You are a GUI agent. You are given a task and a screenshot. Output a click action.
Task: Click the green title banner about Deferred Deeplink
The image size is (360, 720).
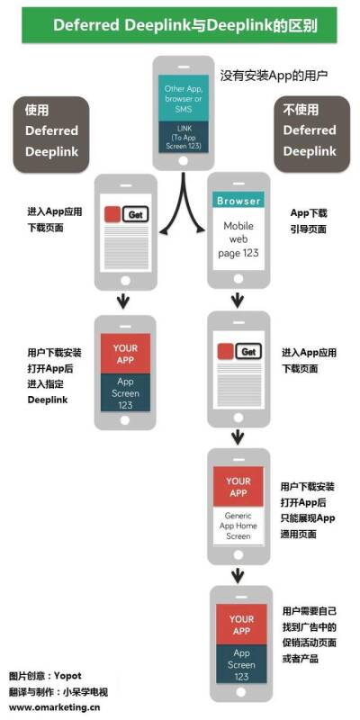point(179,25)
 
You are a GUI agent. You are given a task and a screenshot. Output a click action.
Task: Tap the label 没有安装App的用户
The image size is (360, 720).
point(274,76)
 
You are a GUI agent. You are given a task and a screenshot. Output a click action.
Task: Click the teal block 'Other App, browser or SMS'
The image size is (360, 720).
point(184,99)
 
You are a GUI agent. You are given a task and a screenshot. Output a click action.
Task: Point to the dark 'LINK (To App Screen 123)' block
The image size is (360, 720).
point(184,138)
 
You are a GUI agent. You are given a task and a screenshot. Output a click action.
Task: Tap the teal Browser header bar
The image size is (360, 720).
point(238,201)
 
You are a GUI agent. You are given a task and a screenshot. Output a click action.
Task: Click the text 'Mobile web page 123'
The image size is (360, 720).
point(238,239)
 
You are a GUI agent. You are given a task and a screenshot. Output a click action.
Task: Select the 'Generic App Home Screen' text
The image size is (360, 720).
point(238,526)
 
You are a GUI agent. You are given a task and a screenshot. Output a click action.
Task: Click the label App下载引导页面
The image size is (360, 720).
point(309,220)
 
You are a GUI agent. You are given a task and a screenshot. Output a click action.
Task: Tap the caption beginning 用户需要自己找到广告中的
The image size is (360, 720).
point(309,634)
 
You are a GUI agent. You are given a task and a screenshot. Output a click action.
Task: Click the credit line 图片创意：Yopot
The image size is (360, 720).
point(45,676)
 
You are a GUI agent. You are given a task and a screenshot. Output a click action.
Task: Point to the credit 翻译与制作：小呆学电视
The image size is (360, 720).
point(58,691)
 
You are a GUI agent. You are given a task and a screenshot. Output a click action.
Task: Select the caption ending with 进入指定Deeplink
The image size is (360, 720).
point(55,376)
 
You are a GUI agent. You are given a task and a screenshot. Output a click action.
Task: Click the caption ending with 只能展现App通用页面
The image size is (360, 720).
point(308,510)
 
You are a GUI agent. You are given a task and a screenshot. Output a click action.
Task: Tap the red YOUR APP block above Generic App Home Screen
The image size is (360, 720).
point(238,487)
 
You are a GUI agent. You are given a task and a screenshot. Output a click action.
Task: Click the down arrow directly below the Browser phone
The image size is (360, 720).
point(237,301)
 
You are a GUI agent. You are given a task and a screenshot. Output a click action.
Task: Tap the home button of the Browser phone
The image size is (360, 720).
point(238,279)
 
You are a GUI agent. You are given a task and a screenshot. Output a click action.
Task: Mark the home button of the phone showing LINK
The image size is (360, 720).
point(184,161)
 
